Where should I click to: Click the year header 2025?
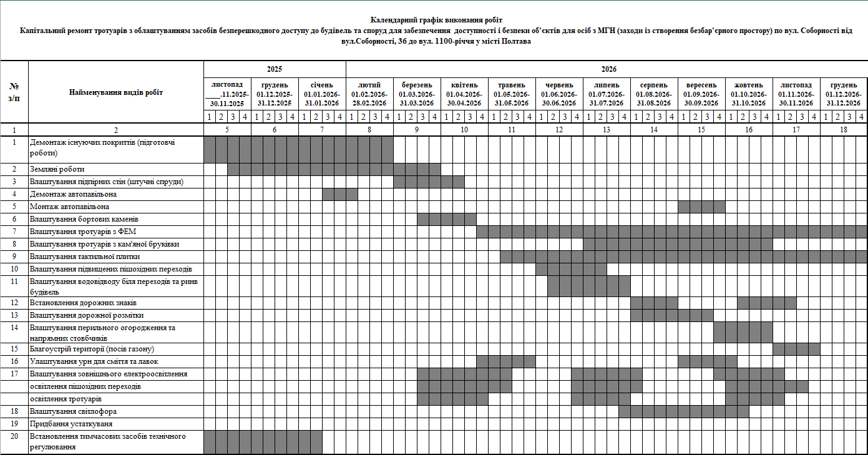click(x=275, y=69)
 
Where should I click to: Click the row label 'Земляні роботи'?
click(x=57, y=169)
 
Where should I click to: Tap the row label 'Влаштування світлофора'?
click(x=74, y=411)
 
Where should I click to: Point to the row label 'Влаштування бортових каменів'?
click(x=84, y=219)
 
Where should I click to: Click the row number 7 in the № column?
click(x=14, y=232)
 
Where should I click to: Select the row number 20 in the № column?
click(x=14, y=436)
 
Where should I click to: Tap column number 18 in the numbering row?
click(x=844, y=129)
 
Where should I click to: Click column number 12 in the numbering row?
click(x=559, y=129)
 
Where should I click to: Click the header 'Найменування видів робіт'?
click(x=116, y=92)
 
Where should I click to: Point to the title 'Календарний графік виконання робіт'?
click(x=436, y=21)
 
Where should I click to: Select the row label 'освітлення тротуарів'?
click(x=66, y=399)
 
